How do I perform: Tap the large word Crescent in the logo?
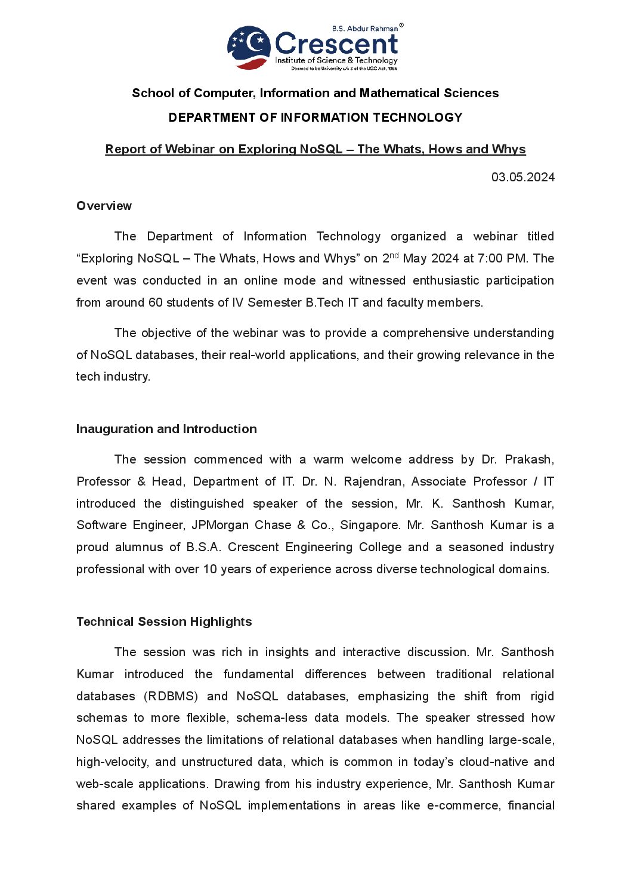coord(336,44)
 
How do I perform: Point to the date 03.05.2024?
coord(523,177)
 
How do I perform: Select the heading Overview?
coord(104,206)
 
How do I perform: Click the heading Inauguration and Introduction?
coord(166,429)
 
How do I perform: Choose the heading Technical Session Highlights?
coord(164,622)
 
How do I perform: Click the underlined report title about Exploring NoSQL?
coord(315,149)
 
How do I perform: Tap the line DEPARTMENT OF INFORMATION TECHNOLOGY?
coord(315,118)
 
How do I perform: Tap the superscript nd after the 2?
coord(394,255)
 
